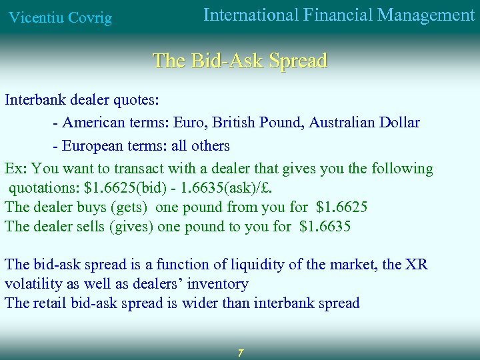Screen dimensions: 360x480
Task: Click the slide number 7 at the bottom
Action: pos(241,352)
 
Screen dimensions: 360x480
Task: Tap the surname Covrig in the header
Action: pos(90,18)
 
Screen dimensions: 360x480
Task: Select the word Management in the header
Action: pos(426,15)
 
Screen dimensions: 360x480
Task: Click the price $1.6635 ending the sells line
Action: pos(325,227)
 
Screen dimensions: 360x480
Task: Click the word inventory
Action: pos(217,284)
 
